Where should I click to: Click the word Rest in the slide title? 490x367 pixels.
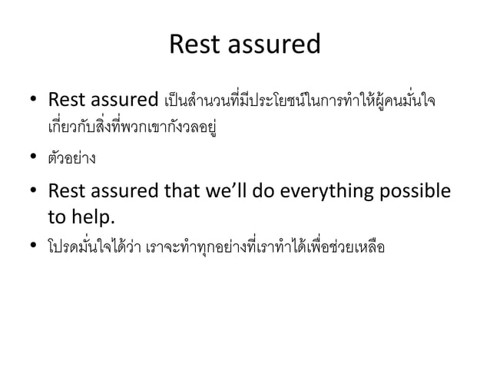point(197,45)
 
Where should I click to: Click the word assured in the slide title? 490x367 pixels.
point(272,45)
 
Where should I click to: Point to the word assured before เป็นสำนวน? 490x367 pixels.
point(123,101)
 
